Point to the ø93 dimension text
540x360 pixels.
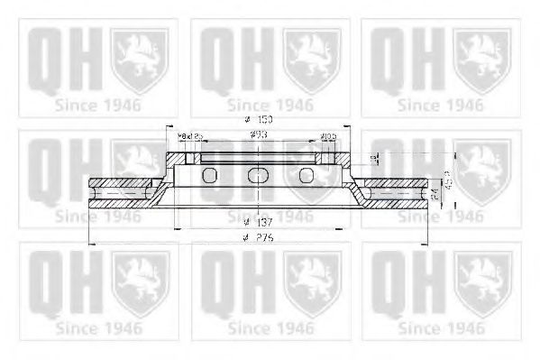[x=257, y=135]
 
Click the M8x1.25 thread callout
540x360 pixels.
[x=192, y=136]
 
